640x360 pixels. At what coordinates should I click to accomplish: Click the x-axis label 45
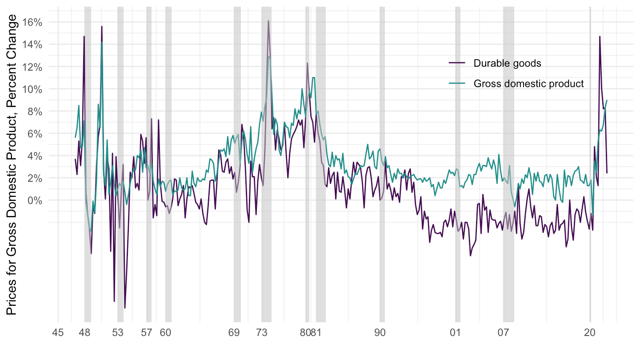click(58, 332)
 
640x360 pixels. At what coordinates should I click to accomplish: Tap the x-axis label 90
click(380, 332)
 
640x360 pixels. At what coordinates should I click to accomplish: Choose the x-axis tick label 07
click(503, 332)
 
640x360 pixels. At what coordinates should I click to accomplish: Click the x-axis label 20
click(590, 332)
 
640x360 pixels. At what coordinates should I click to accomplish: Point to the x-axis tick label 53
click(117, 332)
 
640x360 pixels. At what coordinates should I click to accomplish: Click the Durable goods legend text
click(507, 63)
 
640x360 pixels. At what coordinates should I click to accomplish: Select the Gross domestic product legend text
click(528, 84)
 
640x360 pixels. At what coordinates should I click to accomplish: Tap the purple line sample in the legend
click(457, 63)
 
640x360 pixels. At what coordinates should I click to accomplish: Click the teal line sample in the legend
click(457, 84)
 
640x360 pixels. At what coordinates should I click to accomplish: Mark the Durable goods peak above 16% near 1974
click(268, 21)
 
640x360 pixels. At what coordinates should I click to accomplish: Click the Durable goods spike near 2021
click(600, 37)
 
